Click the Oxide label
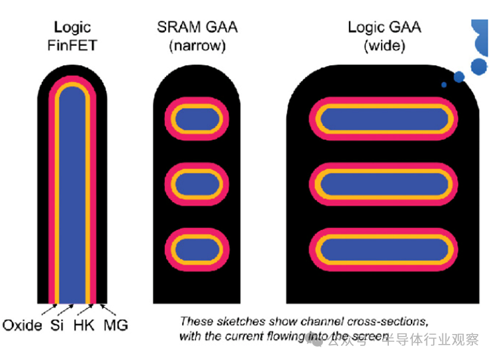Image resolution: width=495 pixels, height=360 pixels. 22,325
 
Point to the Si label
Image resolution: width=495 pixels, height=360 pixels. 57,325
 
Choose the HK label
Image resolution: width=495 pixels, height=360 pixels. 83,325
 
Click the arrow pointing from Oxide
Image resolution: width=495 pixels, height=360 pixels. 47,310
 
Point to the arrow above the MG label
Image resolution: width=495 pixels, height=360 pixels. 107,310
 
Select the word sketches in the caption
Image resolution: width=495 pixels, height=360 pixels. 236,321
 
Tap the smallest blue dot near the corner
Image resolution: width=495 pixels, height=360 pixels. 444,85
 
